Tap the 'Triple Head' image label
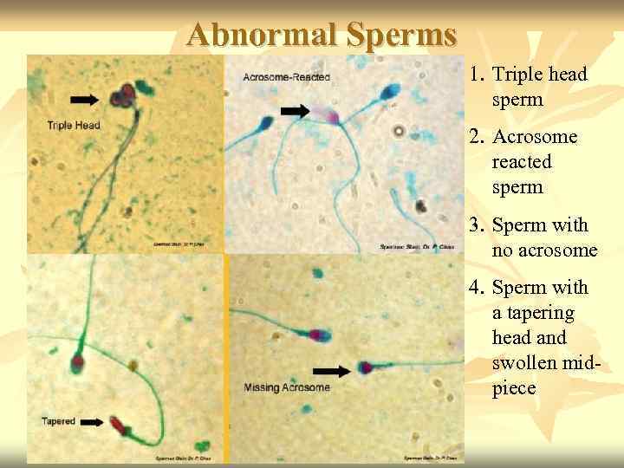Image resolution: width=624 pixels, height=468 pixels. (x=75, y=126)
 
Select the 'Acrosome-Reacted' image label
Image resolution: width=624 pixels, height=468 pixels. (x=287, y=78)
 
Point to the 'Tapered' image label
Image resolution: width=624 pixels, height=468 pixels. (x=59, y=421)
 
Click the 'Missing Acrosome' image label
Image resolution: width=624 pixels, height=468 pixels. (x=287, y=387)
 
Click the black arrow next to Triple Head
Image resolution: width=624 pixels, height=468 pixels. (x=84, y=101)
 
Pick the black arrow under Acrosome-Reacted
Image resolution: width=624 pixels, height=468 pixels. (x=296, y=111)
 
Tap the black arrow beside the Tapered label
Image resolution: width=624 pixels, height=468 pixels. (x=94, y=422)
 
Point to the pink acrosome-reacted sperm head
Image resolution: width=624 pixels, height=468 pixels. (x=325, y=114)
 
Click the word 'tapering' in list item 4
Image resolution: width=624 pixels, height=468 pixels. (x=532, y=313)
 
